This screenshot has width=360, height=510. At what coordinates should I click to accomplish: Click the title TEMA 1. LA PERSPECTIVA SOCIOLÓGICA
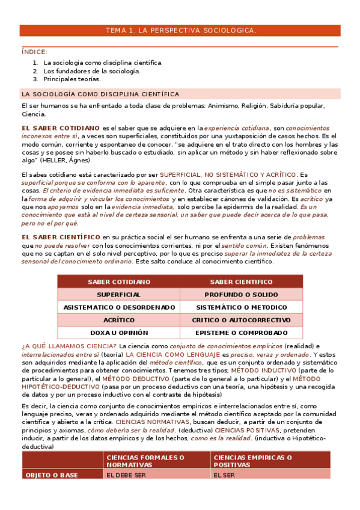180,30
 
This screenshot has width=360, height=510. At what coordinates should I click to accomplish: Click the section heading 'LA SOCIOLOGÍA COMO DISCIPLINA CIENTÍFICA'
100,94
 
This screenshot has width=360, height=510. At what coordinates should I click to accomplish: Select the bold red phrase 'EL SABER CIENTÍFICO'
61,237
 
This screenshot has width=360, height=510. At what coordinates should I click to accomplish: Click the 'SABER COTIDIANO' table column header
119,282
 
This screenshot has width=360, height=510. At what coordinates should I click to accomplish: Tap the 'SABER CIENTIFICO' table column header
240,282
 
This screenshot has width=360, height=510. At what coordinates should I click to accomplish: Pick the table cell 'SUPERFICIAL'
119,295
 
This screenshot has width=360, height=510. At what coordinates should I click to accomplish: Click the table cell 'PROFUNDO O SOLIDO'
240,295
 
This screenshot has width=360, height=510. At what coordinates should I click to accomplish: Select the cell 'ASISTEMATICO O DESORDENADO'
119,307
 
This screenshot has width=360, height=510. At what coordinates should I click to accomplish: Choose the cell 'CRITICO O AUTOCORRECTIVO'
240,320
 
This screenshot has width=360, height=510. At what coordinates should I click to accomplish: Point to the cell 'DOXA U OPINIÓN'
119,333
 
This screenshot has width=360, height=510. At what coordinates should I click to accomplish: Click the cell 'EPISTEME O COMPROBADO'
240,333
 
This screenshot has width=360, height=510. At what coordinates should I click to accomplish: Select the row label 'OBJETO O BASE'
51,475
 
